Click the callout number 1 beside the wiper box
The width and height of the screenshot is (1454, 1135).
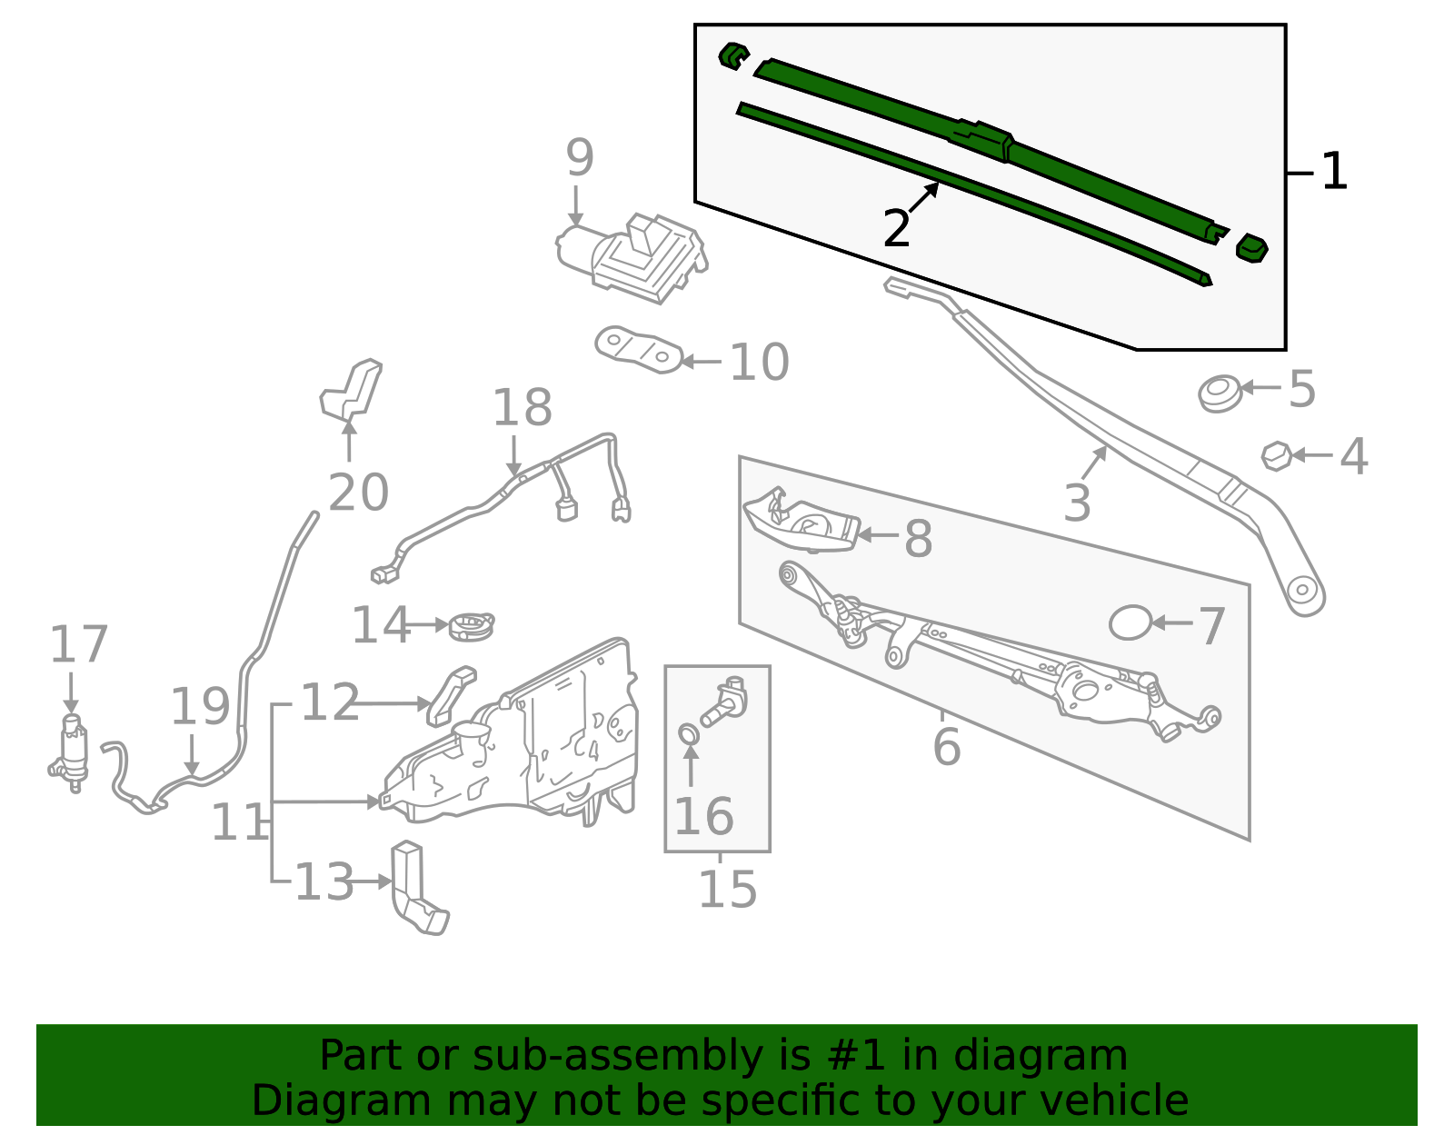click(x=1333, y=173)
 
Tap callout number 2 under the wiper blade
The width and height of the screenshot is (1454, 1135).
click(x=896, y=229)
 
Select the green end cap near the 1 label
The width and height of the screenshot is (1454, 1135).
click(x=1252, y=248)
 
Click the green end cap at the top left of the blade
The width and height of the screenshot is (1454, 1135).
click(x=732, y=56)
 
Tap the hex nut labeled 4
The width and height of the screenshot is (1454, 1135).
click(x=1277, y=455)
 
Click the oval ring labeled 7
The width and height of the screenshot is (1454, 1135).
click(x=1130, y=623)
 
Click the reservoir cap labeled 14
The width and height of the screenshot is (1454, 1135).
click(x=472, y=625)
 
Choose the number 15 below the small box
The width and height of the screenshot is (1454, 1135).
click(x=727, y=889)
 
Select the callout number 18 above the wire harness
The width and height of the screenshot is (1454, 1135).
click(x=522, y=408)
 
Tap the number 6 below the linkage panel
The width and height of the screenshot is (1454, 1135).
click(x=946, y=747)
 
